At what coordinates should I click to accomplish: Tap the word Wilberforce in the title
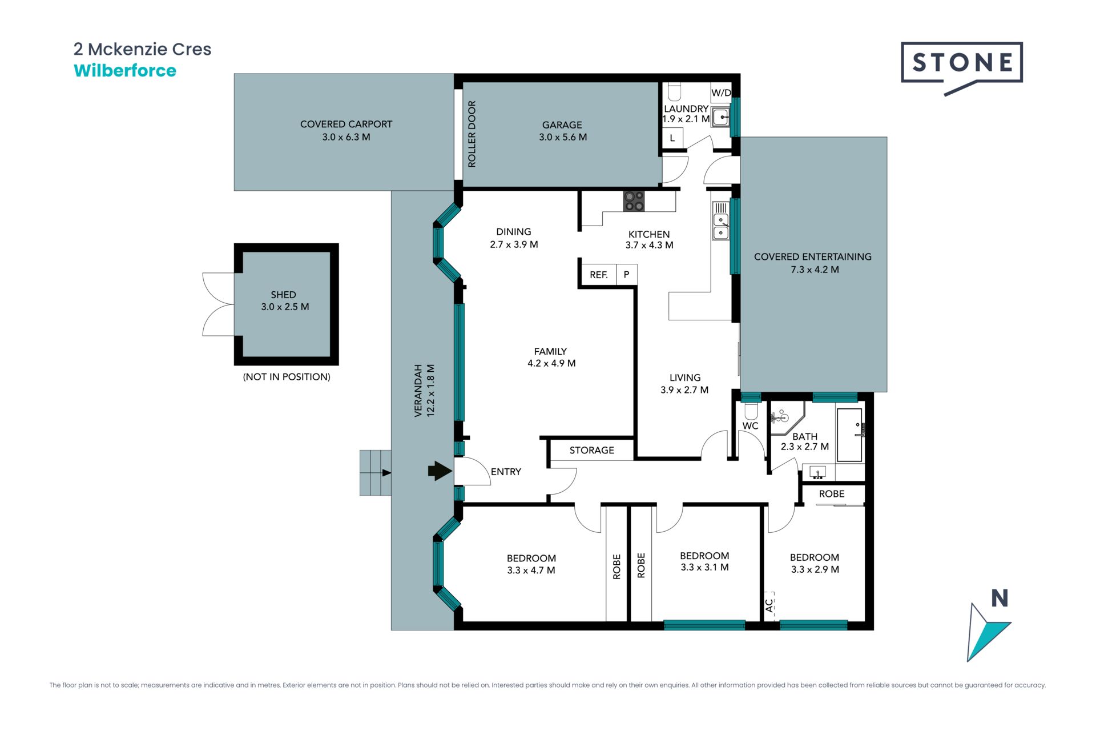125,71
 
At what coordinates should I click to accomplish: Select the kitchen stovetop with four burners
634,201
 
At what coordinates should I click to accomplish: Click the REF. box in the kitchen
598,275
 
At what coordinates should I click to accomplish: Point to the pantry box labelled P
626,275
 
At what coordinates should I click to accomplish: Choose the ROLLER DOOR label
472,134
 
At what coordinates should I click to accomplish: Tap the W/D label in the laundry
721,93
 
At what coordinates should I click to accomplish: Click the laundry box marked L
672,138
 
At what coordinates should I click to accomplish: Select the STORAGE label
591,450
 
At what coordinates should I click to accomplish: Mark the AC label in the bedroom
769,605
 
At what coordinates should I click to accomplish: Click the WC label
750,425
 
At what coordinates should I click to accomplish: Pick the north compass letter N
1000,598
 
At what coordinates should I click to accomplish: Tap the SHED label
284,295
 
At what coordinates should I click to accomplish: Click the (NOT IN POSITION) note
287,377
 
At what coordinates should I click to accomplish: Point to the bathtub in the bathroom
850,435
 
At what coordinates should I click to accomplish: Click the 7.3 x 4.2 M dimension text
815,270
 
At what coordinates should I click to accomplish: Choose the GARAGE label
562,125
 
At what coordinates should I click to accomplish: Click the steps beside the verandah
375,472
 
